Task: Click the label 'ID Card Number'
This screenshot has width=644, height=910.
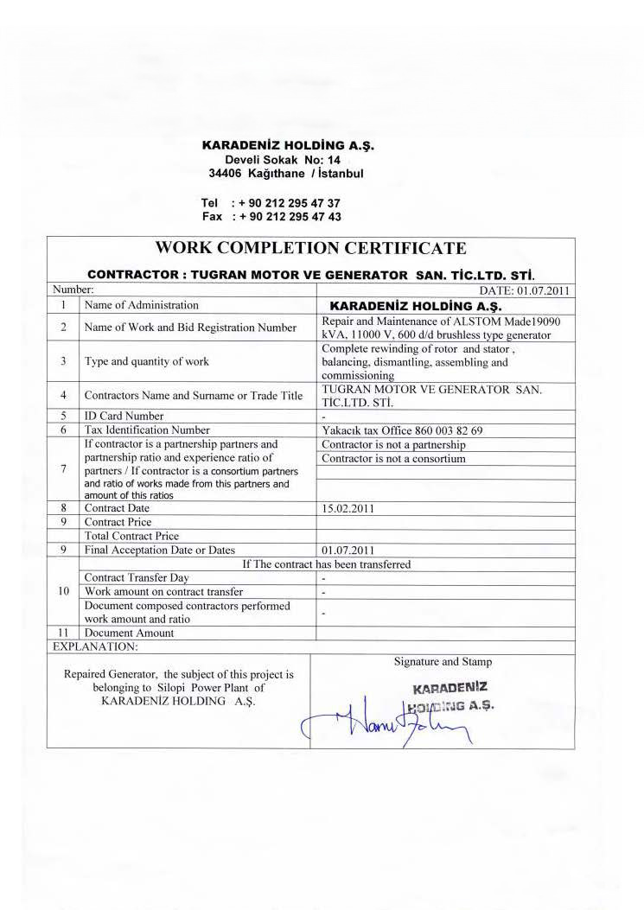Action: tap(124, 416)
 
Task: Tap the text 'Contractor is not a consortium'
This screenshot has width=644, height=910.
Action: tap(393, 458)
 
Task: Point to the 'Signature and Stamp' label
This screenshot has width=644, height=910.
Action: tap(443, 662)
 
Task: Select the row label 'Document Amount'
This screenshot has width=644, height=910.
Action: tap(129, 633)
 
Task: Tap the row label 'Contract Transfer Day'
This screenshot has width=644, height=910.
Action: tap(137, 577)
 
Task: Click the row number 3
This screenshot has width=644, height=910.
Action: tap(64, 361)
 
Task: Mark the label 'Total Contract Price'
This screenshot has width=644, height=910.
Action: tap(131, 536)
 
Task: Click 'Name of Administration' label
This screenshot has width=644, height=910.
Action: tap(141, 305)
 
